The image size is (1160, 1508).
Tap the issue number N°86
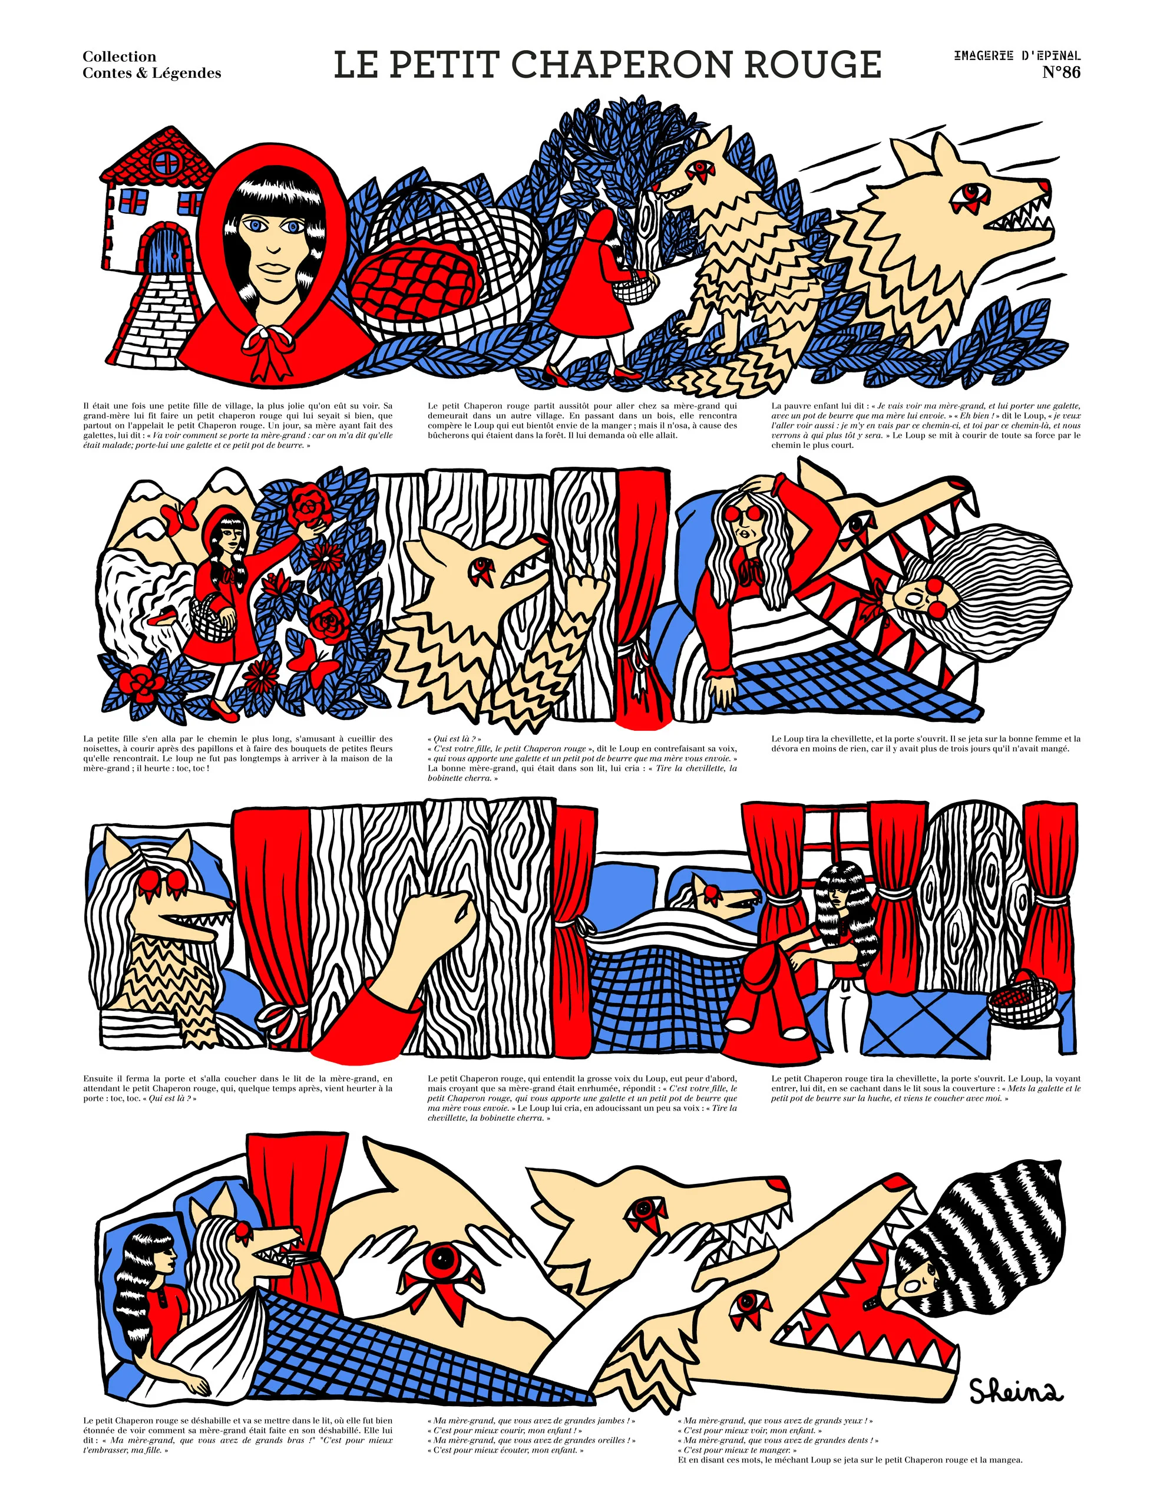[x=1060, y=72]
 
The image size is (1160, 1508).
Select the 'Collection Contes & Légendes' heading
[x=152, y=65]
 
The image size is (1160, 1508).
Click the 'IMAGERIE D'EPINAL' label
[x=1017, y=55]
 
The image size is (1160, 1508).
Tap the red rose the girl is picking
[x=309, y=507]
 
